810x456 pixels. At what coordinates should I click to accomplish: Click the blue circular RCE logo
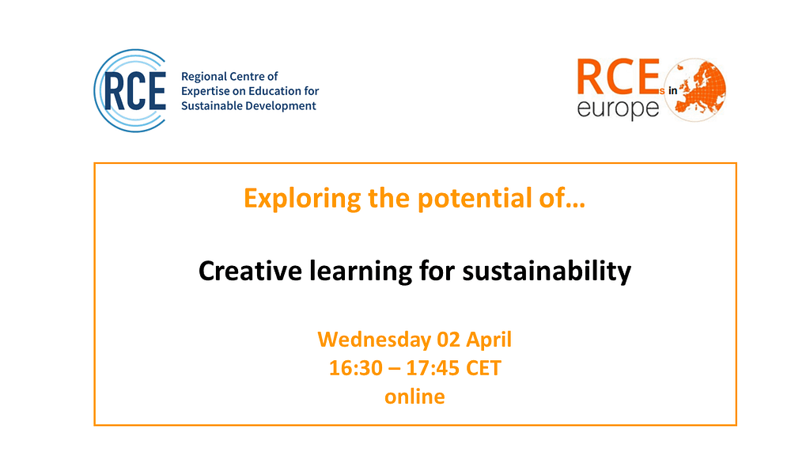131,90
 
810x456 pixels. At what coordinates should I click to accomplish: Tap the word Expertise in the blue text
204,92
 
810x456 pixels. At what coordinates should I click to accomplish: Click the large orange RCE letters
618,77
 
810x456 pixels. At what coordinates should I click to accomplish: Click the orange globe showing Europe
695,90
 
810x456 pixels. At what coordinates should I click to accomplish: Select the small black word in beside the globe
672,91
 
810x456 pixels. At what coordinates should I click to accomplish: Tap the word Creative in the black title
250,271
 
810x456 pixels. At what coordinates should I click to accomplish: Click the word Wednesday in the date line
374,340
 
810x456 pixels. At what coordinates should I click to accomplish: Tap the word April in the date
489,340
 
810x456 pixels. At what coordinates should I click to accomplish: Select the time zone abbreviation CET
483,368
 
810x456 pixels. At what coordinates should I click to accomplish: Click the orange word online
414,397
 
